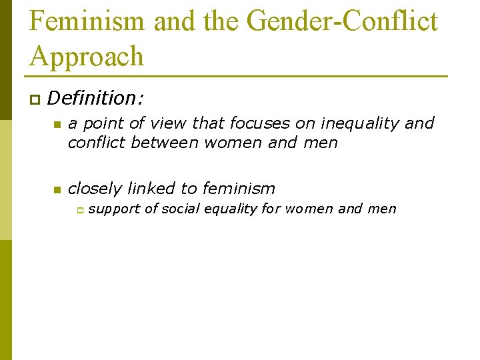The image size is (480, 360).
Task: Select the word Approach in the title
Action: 87,56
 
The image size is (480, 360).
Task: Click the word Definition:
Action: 95,99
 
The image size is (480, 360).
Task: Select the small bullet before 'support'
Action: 78,210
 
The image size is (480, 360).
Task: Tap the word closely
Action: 95,189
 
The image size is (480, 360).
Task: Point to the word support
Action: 114,209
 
